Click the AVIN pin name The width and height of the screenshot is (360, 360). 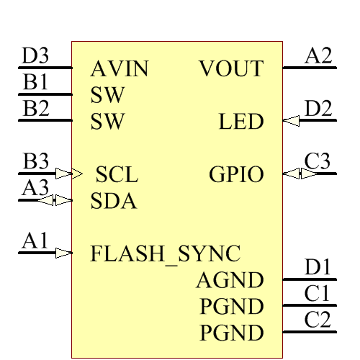[x=120, y=69]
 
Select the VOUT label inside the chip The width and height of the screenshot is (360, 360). [x=231, y=69]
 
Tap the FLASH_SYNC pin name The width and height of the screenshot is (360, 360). [x=165, y=253]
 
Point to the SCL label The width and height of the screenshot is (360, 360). [x=117, y=174]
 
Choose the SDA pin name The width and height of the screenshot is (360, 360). [x=114, y=201]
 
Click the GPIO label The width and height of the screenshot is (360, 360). [x=236, y=174]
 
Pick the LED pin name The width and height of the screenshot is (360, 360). [x=241, y=122]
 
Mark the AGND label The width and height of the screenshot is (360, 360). [x=230, y=280]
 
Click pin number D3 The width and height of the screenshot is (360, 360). [x=35, y=56]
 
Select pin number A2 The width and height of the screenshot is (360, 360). [x=319, y=56]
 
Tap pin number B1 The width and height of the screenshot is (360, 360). [x=35, y=82]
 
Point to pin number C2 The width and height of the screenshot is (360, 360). [x=318, y=320]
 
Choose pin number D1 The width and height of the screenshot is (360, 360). [x=318, y=267]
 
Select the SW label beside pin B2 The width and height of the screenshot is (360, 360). [x=108, y=122]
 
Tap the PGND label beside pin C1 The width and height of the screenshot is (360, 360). [x=231, y=307]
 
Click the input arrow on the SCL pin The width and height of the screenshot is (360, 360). [x=64, y=174]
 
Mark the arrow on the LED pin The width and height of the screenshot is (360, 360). [x=291, y=122]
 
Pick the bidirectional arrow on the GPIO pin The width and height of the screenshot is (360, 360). [x=292, y=174]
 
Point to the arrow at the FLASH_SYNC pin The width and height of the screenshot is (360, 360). [x=64, y=253]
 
